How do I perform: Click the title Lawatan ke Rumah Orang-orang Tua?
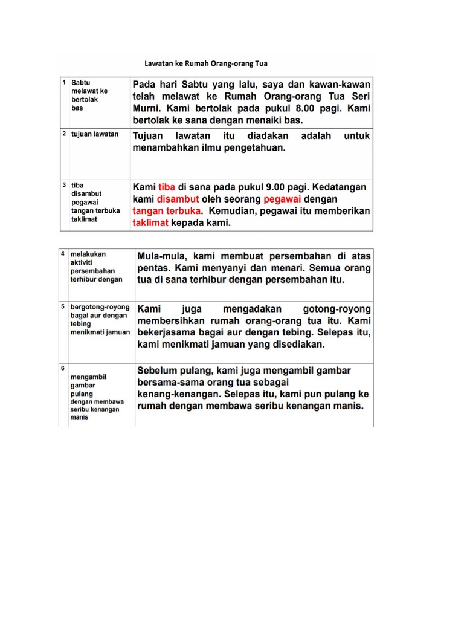[x=206, y=63]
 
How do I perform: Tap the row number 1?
[x=64, y=81]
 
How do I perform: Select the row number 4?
[x=63, y=254]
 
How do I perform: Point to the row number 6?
[x=63, y=367]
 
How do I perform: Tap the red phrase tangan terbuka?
[x=166, y=212]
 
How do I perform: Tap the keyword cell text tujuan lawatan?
[x=95, y=134]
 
